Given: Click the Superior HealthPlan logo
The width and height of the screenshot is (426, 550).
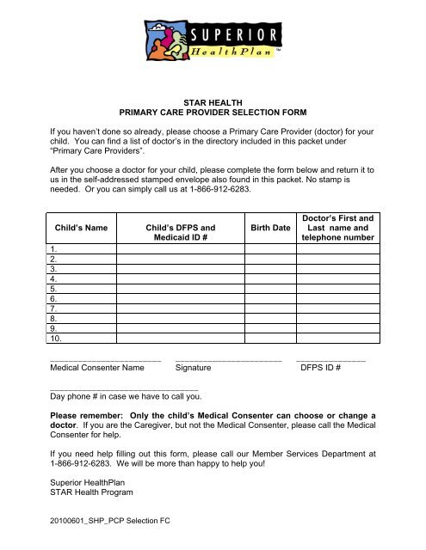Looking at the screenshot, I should (x=212, y=43).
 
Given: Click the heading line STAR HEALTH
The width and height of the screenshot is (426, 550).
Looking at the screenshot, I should (x=213, y=101).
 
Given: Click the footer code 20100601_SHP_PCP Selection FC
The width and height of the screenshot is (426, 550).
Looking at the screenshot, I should (x=110, y=522).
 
